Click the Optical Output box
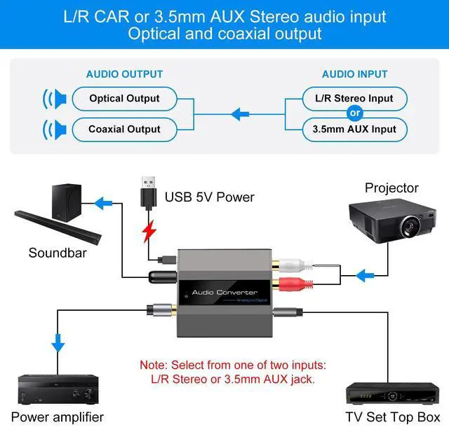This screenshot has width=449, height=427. click(x=125, y=99)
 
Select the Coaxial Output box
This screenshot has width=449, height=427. click(x=125, y=129)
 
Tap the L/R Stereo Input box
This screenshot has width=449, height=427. click(x=354, y=99)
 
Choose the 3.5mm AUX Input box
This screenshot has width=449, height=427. click(x=354, y=129)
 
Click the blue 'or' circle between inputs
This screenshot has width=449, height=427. click(x=355, y=114)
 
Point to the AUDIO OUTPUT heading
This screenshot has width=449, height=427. click(x=124, y=74)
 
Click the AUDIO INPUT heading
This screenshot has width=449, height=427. click(x=354, y=74)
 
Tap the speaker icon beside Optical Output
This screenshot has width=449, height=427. click(x=55, y=99)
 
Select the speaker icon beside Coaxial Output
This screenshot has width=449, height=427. click(x=55, y=129)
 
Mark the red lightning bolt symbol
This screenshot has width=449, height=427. click(x=148, y=232)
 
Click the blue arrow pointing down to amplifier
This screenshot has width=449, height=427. click(x=58, y=343)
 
